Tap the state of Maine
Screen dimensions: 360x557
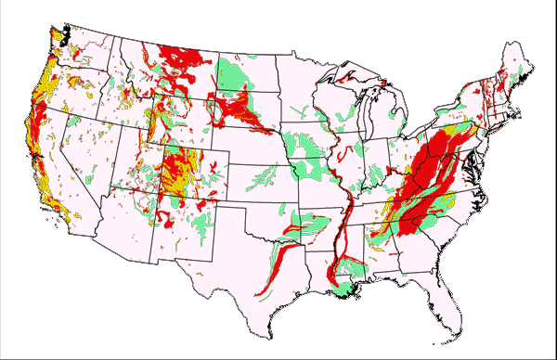coord(516,65)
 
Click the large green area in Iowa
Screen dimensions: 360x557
coord(306,144)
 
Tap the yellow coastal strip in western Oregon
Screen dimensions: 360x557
coord(39,88)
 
